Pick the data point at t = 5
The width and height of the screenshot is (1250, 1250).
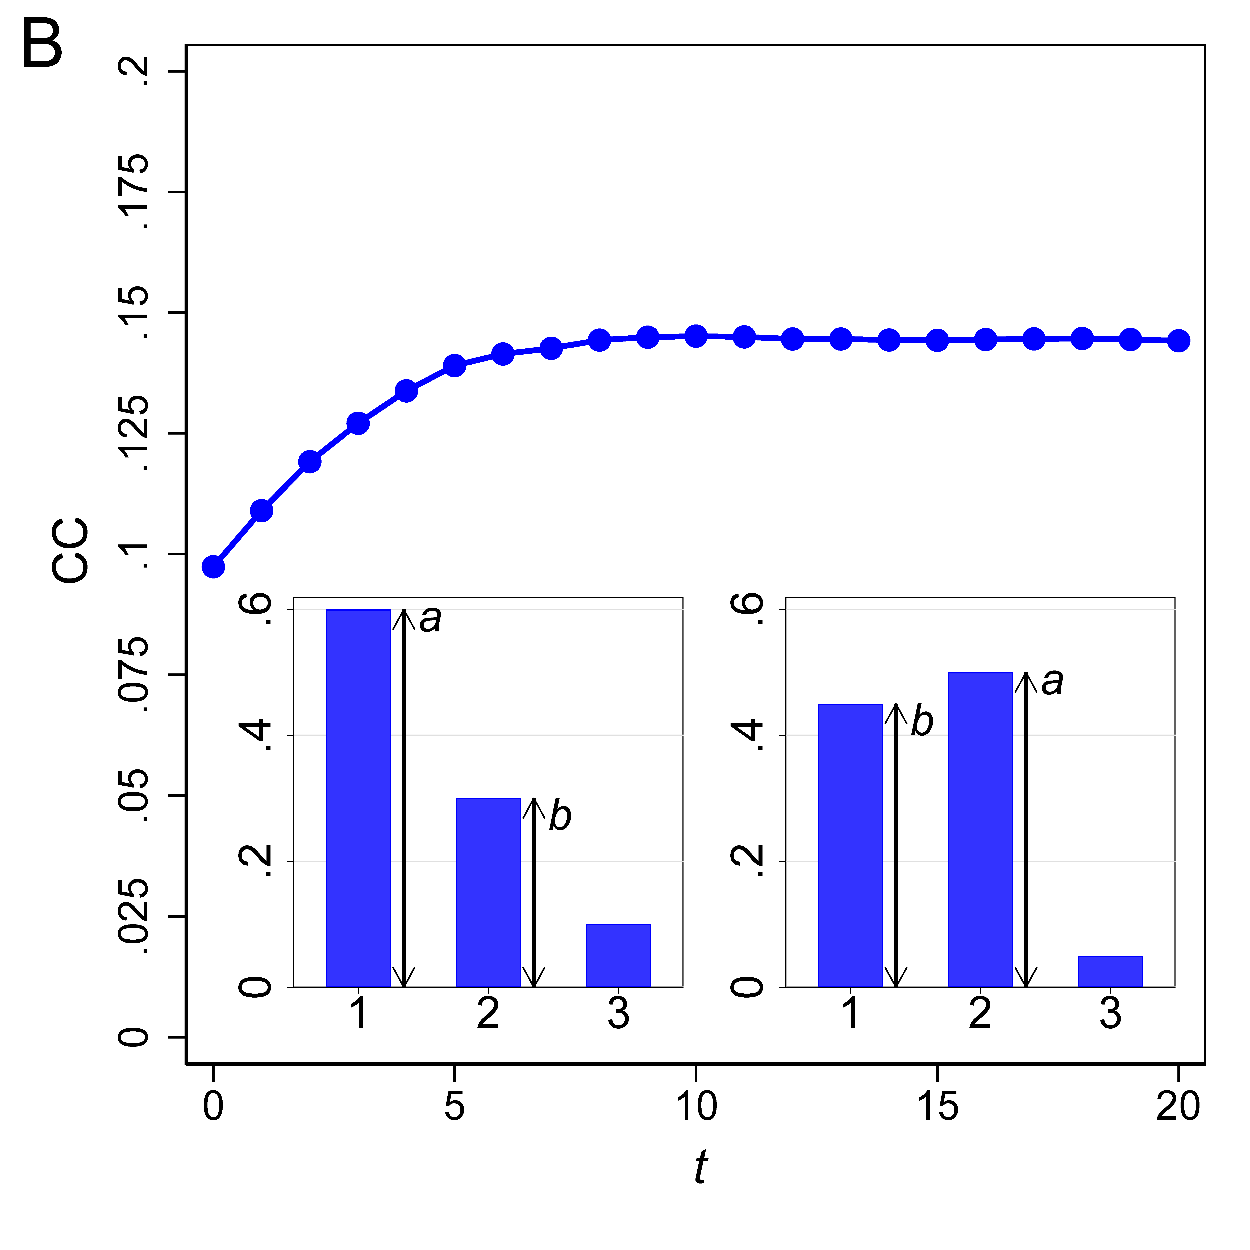(455, 366)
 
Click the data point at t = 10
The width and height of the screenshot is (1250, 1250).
(695, 336)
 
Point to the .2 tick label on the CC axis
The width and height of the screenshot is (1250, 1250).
(135, 71)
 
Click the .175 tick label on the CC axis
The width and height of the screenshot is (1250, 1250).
(135, 192)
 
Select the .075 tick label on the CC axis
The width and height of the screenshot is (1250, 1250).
(135, 675)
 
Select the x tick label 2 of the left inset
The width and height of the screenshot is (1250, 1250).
(488, 1014)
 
